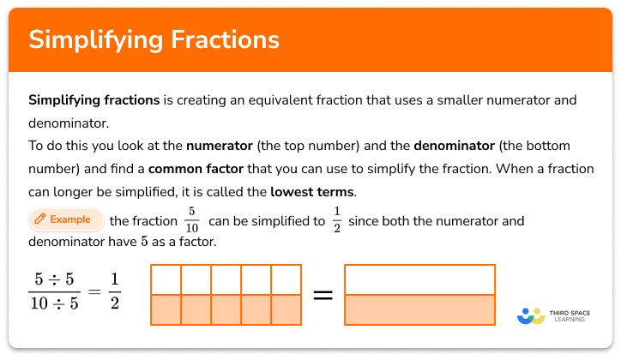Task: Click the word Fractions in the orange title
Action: pos(226,39)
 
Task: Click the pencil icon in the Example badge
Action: pos(39,220)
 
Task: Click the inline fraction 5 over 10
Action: pos(192,221)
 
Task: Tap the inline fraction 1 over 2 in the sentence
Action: pos(337,221)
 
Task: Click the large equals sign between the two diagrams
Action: pos(322,295)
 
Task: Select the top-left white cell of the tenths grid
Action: pos(166,280)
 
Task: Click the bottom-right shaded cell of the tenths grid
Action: pos(286,309)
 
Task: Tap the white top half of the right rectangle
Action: pos(419,280)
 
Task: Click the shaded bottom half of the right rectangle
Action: pos(419,309)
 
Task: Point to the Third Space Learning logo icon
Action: pos(532,316)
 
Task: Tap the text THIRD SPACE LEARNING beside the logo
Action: pos(573,316)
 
